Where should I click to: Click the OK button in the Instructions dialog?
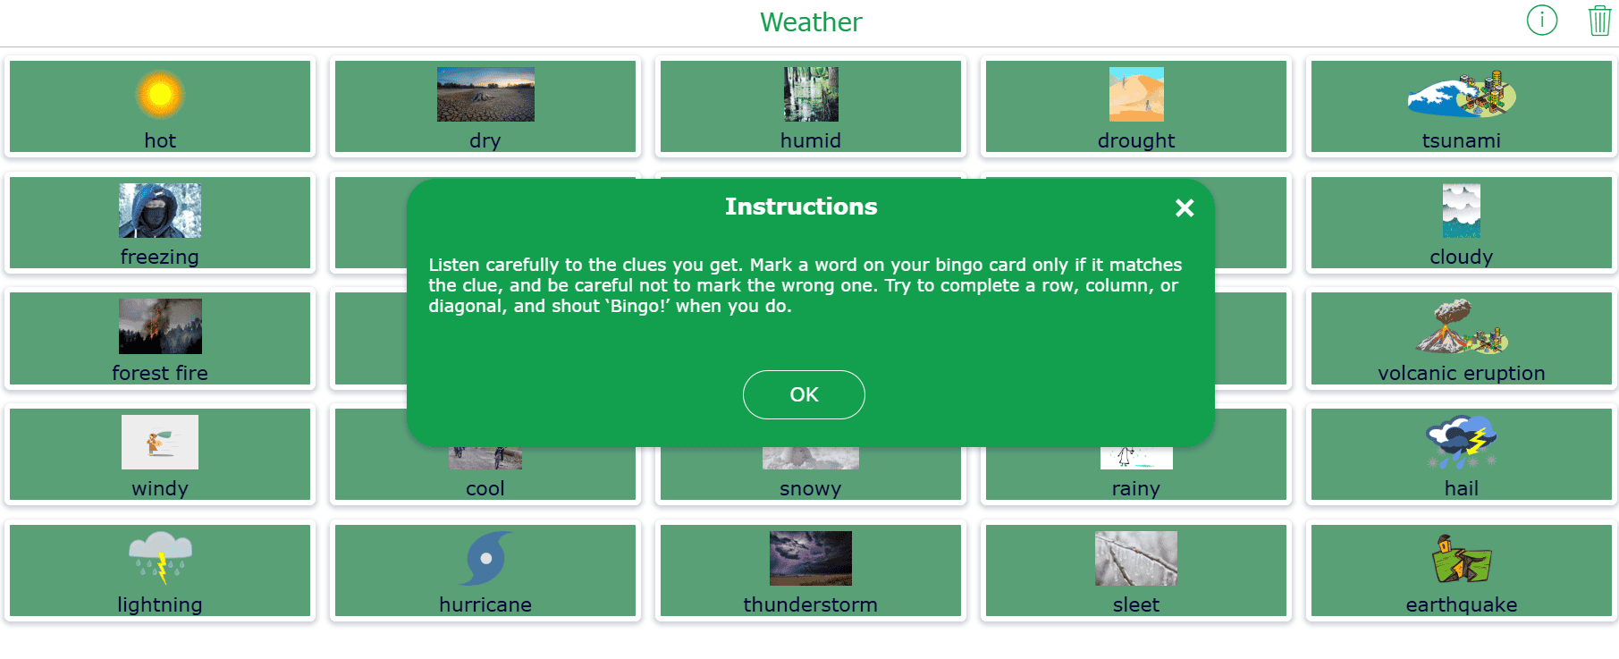[804, 394]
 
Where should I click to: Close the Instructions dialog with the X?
[1185, 207]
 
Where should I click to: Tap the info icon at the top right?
[1542, 20]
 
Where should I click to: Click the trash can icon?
[1599, 20]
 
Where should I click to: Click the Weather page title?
[811, 22]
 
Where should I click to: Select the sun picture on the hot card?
[160, 94]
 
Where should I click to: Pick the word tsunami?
[1462, 140]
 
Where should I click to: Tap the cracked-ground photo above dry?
[485, 94]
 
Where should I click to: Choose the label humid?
[811, 140]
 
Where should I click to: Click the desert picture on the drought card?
[1136, 94]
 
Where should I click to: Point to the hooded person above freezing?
[160, 210]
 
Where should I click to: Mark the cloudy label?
[1462, 257]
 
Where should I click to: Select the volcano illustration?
[1462, 326]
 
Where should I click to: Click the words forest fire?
[160, 373]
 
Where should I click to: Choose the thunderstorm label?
[811, 604]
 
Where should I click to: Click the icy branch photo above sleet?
[1136, 558]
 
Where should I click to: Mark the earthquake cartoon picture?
[1462, 558]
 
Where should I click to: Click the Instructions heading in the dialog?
[801, 207]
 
